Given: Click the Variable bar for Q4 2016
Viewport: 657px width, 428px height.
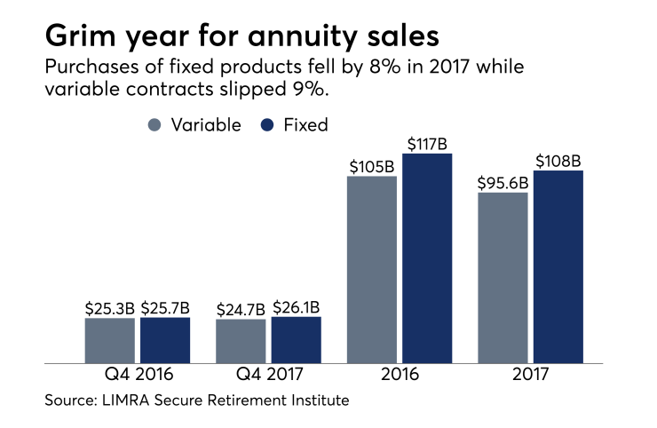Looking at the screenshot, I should (110, 340).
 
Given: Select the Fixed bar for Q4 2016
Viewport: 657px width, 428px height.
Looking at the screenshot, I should (165, 340).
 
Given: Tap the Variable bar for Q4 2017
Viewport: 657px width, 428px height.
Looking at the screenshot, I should (241, 341).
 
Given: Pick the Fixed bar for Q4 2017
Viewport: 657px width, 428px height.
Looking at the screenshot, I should (296, 339).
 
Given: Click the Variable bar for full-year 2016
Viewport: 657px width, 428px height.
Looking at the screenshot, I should (371, 269).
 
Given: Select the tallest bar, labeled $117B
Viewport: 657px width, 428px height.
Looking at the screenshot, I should (427, 258).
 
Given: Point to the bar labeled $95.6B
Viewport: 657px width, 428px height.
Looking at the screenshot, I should (503, 277).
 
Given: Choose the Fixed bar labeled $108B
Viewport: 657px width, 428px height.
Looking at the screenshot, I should (558, 266).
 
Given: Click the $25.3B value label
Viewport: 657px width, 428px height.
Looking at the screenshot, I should (110, 307).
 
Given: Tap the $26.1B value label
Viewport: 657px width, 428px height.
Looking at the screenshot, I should (296, 306).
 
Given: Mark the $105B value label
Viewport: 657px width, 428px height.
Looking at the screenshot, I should (371, 165).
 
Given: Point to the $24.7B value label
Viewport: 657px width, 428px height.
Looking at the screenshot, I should (241, 308).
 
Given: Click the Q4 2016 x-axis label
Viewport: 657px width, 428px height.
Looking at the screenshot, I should (138, 376).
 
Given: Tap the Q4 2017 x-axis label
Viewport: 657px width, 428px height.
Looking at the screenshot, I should (268, 376).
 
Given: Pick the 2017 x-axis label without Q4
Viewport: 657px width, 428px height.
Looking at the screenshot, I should (530, 376).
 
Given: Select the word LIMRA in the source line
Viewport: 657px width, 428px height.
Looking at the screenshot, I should (129, 400).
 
